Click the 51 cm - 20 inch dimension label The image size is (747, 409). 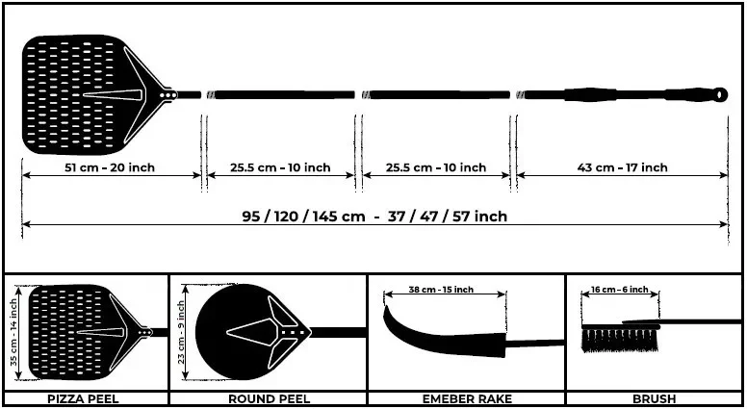[110, 167]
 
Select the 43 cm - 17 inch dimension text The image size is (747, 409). [622, 167]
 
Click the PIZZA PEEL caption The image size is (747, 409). [83, 398]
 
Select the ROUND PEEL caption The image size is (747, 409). [270, 398]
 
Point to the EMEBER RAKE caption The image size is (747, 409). [467, 398]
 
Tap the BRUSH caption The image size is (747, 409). [654, 398]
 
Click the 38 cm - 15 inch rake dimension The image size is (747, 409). [441, 290]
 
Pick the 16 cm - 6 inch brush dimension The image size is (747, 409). [620, 290]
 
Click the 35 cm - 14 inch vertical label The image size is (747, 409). [14, 332]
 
